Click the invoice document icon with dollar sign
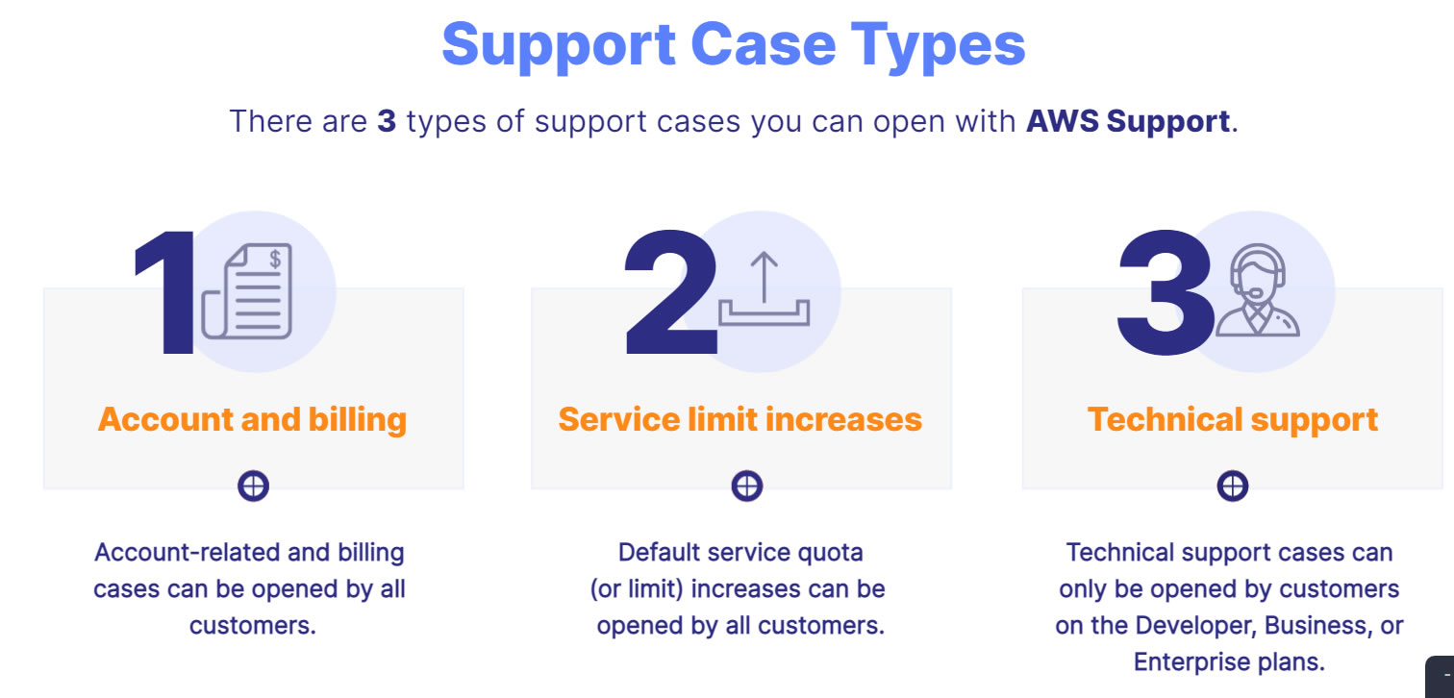pyautogui.click(x=247, y=291)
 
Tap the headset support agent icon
pyautogui.click(x=1257, y=290)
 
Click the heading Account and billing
pyautogui.click(x=252, y=419)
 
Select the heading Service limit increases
pyautogui.click(x=740, y=419)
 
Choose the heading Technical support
pyautogui.click(x=1232, y=419)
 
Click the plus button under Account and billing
pyautogui.click(x=253, y=486)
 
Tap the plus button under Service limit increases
pyautogui.click(x=746, y=486)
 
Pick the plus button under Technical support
pyautogui.click(x=1232, y=486)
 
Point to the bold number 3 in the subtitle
pyautogui.click(x=387, y=122)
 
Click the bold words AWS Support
pyautogui.click(x=1128, y=122)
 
